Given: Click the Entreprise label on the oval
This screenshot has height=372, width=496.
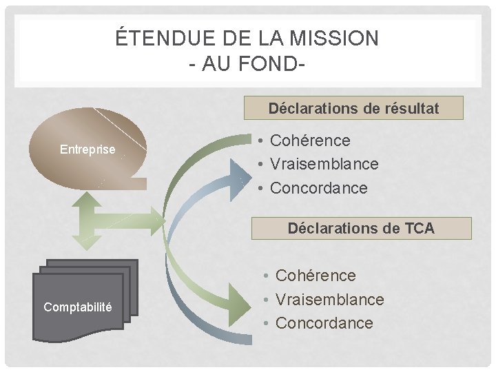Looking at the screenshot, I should point(87,149).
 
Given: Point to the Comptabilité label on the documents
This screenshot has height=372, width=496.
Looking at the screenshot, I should point(78,307).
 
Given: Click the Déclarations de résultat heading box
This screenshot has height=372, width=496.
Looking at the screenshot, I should point(354,108).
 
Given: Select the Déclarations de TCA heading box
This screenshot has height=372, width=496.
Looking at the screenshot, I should point(361,228).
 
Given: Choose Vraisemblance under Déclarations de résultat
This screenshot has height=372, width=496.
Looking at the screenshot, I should point(324,164).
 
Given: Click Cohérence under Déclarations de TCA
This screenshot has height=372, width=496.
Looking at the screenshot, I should point(316,276).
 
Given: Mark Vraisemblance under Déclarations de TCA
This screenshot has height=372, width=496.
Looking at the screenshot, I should point(329,300).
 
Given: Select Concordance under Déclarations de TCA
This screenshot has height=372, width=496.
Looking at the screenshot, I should point(324,323).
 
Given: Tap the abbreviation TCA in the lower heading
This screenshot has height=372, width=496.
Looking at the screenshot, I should point(418,228).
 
